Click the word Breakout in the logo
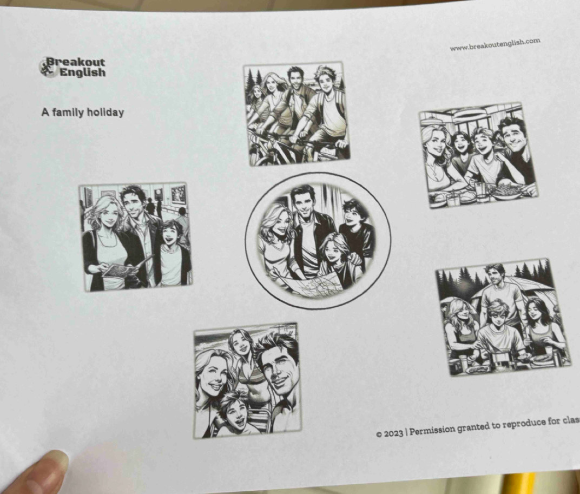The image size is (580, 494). pos(75,62)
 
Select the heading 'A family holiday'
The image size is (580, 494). pos(82,112)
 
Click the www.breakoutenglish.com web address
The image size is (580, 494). pos(495,44)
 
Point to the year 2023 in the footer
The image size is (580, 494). pos(393,433)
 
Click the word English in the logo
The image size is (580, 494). pos(82,72)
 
